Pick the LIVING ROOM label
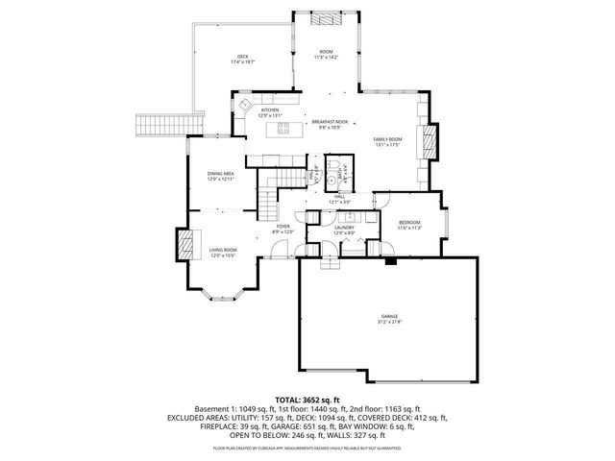(x=223, y=252)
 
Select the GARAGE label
(x=389, y=319)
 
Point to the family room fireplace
(x=431, y=143)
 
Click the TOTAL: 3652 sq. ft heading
(x=307, y=399)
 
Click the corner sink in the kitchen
(x=245, y=103)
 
